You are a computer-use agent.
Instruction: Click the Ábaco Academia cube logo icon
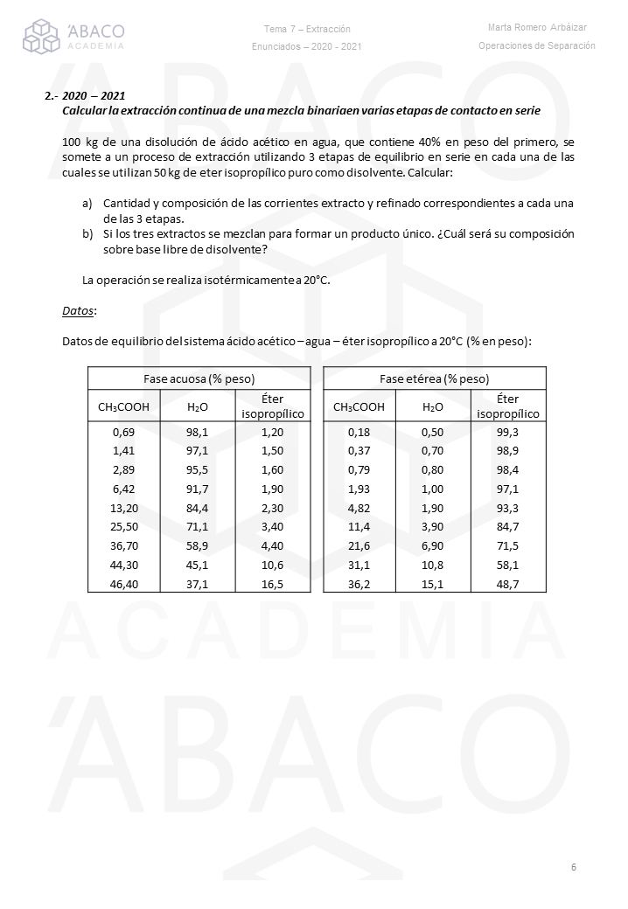pos(42,36)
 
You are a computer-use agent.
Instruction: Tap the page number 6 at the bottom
pos(573,867)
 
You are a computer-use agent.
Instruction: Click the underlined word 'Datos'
pos(79,310)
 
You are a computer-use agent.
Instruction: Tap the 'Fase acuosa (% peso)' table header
pos(199,378)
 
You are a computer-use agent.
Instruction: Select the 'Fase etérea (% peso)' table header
pos(434,378)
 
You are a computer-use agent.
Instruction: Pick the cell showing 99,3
pos(507,432)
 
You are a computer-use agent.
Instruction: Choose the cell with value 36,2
pos(359,583)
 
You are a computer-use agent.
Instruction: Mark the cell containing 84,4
pos(198,508)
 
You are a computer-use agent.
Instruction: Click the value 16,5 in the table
pos(273,583)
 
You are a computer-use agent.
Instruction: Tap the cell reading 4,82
pos(359,508)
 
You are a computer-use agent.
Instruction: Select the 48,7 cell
pos(507,583)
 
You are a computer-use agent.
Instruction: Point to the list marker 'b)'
pos(87,234)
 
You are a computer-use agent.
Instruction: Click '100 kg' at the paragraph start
pos(80,142)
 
